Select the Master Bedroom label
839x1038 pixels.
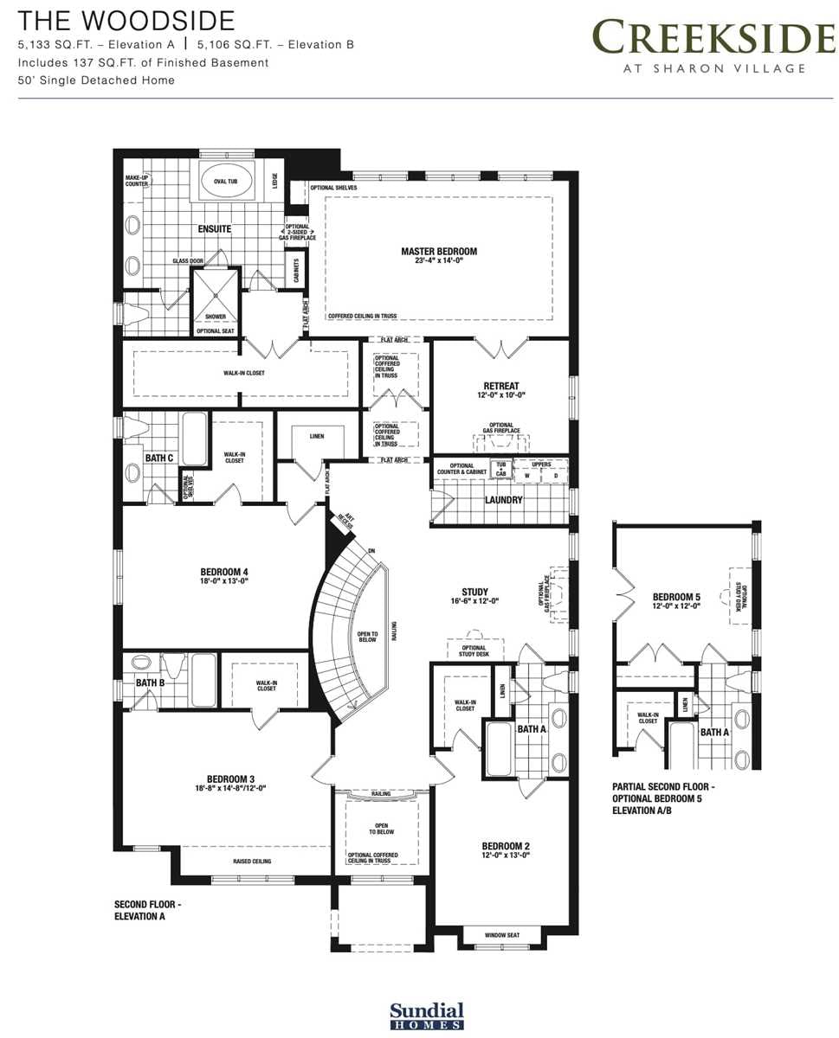pyautogui.click(x=439, y=252)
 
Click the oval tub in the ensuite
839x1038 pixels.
pyautogui.click(x=229, y=183)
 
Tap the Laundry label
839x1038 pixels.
pyautogui.click(x=504, y=499)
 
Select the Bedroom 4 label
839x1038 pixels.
pyautogui.click(x=224, y=572)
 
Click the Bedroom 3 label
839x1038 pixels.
pyautogui.click(x=229, y=778)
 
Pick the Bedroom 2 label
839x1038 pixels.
pyautogui.click(x=506, y=845)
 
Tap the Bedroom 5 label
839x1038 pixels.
pyautogui.click(x=676, y=597)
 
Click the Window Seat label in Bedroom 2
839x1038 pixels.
pyautogui.click(x=501, y=935)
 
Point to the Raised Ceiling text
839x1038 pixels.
pyautogui.click(x=252, y=862)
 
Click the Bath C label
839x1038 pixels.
pyautogui.click(x=158, y=457)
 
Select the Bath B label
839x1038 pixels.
pyautogui.click(x=150, y=682)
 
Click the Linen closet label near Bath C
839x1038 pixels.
pyautogui.click(x=317, y=436)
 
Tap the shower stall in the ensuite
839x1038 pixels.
pyautogui.click(x=215, y=294)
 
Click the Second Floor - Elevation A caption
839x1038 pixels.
pyautogui.click(x=148, y=909)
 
